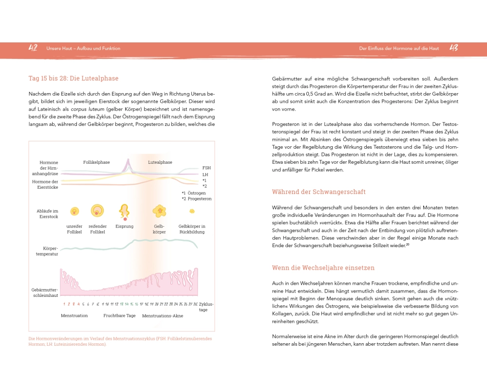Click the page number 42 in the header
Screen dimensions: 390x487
click(x=33, y=48)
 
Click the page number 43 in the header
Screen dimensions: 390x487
click(x=453, y=48)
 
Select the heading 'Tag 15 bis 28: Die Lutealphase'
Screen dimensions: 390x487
click(x=74, y=78)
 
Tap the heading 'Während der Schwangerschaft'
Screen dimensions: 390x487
click(x=318, y=192)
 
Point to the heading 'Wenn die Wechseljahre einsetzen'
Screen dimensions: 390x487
click(x=323, y=268)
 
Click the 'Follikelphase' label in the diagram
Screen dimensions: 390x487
click(x=96, y=162)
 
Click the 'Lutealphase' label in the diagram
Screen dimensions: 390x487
click(x=160, y=162)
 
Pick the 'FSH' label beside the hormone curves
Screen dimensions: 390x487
click(x=206, y=168)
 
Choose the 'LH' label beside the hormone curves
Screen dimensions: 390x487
click(x=205, y=175)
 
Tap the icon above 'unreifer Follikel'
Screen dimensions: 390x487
click(x=75, y=211)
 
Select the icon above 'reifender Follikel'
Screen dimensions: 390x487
click(x=97, y=210)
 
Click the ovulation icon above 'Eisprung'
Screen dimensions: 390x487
click(x=124, y=211)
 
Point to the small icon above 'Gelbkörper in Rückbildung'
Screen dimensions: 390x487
click(x=192, y=211)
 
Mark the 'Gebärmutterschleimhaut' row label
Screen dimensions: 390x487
click(x=45, y=292)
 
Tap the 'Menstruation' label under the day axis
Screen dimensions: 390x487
click(x=75, y=316)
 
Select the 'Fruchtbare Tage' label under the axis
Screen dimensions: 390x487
click(x=119, y=316)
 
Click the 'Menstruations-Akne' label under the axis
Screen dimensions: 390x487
click(x=163, y=316)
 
